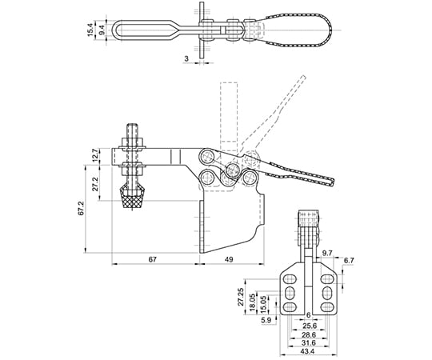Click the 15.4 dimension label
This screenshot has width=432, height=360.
pos(90,30)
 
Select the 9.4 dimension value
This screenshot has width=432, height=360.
pos(102,30)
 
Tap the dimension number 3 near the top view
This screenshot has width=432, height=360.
pos(186,58)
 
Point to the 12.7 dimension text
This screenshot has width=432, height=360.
pos(94,155)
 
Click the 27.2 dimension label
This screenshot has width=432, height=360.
pos(95,184)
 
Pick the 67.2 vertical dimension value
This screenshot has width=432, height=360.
pos(81,208)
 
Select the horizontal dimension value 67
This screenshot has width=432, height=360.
pos(152,259)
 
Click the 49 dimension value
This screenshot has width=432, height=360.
pos(229,259)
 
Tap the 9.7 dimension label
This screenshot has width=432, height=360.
pos(327,253)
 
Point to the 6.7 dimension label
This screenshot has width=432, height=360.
pos(349,260)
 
